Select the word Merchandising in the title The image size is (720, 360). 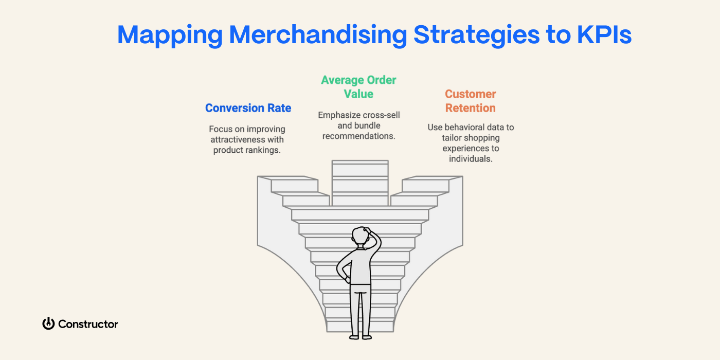[318, 35]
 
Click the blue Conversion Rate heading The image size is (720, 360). [248, 108]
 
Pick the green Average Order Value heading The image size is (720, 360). [358, 87]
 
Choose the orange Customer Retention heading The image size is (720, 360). [470, 101]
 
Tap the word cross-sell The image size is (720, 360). [381, 115]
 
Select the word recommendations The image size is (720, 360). [358, 136]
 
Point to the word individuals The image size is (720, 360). [470, 159]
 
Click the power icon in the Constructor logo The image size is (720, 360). [48, 323]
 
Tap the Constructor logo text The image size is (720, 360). [88, 324]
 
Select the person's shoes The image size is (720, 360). [361, 337]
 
